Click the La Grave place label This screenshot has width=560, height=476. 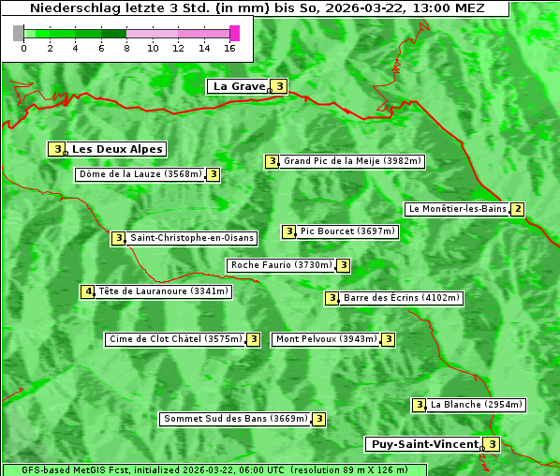239,86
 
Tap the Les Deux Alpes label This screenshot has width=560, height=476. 117,149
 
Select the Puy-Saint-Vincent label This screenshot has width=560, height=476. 424,444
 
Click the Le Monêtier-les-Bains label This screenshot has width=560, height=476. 456,209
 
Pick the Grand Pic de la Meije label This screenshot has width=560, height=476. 353,161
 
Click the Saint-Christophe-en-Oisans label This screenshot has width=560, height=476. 191,238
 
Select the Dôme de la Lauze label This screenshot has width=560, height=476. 140,174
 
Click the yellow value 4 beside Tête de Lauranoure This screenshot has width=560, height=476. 88,291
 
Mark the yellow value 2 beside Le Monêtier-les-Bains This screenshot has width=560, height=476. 517,209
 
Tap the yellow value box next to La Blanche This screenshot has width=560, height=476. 420,405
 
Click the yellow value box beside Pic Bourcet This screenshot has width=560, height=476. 289,231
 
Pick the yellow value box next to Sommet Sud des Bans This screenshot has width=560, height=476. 318,419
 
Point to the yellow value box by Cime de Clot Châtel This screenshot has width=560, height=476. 253,339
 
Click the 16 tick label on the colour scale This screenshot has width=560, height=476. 229,49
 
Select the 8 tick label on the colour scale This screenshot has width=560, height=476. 126,49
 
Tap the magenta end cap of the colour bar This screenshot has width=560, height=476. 234,33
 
